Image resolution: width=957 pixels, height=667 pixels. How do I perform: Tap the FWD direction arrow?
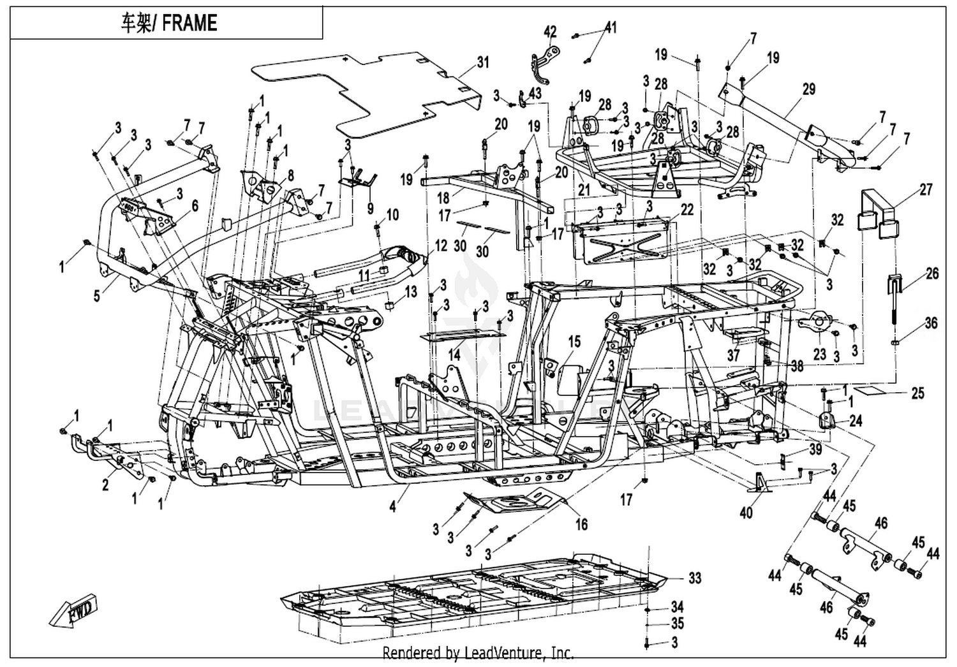click(74, 610)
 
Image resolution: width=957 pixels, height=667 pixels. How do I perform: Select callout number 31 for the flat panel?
click(483, 62)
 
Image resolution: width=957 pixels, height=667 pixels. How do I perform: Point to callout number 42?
click(550, 32)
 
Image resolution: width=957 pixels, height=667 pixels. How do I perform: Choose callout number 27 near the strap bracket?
click(925, 189)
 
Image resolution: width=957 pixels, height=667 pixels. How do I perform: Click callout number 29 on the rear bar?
click(809, 89)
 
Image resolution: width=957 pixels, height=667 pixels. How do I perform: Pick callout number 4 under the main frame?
click(392, 507)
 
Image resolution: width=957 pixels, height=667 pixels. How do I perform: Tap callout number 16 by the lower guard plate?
click(582, 524)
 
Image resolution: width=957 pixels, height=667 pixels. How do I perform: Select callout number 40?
click(746, 513)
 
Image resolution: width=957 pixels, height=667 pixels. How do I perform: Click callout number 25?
click(917, 393)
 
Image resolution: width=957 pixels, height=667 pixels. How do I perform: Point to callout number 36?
click(931, 323)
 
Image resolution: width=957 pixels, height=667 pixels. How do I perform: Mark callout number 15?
click(575, 341)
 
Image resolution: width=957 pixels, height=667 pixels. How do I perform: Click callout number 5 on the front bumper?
click(97, 295)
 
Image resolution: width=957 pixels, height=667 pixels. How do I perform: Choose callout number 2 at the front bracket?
click(105, 485)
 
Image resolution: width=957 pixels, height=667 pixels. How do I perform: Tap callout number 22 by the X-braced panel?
click(687, 210)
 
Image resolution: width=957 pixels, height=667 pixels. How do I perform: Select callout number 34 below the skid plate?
click(677, 607)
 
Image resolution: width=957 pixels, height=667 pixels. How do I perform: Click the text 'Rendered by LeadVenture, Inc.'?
click(478, 653)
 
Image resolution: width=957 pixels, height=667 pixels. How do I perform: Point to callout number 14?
click(454, 355)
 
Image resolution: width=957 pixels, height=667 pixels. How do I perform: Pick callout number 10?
click(392, 214)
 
